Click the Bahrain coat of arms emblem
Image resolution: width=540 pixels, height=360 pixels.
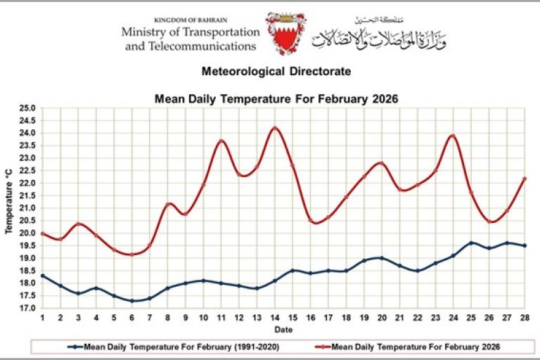[285, 33]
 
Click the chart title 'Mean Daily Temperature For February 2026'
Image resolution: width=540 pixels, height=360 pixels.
[276, 99]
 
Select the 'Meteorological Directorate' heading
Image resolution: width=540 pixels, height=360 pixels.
[276, 72]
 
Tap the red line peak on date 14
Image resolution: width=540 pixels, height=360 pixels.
[275, 128]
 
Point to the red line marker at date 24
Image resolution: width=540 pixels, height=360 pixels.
[453, 136]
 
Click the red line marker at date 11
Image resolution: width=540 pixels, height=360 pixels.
[221, 141]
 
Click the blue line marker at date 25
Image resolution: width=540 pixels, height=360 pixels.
[471, 243]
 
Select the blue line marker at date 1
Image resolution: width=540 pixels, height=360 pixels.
[43, 276]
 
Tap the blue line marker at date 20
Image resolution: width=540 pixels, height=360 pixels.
[382, 258]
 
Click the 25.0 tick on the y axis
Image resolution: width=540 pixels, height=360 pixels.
[27, 108]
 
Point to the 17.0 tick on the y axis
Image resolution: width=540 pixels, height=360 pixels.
[27, 308]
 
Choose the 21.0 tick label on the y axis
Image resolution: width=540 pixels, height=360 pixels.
[27, 208]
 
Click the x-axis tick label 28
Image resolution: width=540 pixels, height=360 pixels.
[524, 319]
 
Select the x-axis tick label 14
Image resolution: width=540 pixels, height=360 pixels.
[275, 319]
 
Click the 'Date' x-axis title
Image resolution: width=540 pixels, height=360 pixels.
[283, 328]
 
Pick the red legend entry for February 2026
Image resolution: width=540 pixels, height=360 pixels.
[411, 347]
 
